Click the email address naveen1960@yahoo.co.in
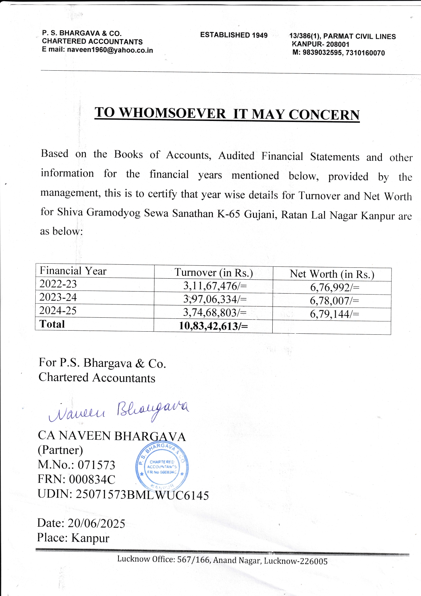(x=110, y=50)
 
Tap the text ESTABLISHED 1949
(x=234, y=35)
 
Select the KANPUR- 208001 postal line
(x=321, y=44)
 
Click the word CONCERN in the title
(x=324, y=115)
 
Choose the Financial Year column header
(x=73, y=271)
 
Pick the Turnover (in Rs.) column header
(x=214, y=273)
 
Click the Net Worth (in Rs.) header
(x=332, y=274)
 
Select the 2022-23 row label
(x=58, y=284)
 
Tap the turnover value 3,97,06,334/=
(x=215, y=299)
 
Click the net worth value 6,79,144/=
(x=334, y=314)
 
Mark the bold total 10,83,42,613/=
(x=213, y=326)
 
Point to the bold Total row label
(x=52, y=324)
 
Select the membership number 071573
(x=96, y=465)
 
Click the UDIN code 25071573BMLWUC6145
(x=142, y=495)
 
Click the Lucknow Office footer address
(x=222, y=560)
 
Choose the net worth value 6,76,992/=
(x=334, y=288)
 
